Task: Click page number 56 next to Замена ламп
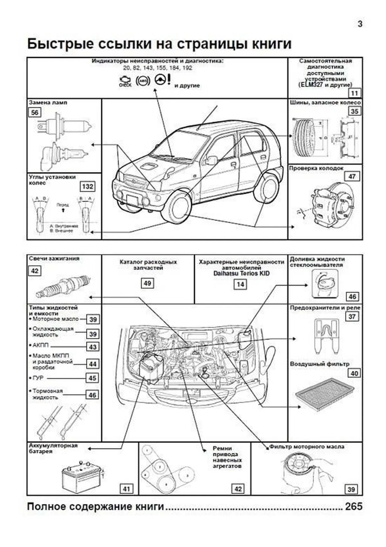pos(35,112)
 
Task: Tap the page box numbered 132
pos(87,187)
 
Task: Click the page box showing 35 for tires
pos(354,111)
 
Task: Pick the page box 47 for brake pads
pos(352,176)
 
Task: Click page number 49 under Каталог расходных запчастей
pos(147,283)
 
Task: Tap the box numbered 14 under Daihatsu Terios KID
pos(240,284)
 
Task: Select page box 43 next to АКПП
pos(93,347)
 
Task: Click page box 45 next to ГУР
pos(92,378)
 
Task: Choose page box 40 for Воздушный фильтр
pos(354,373)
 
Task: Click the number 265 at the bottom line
pos(354,507)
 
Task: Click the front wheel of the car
pos(178,207)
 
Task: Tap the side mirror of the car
pos(211,160)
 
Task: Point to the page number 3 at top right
pos(360,24)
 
